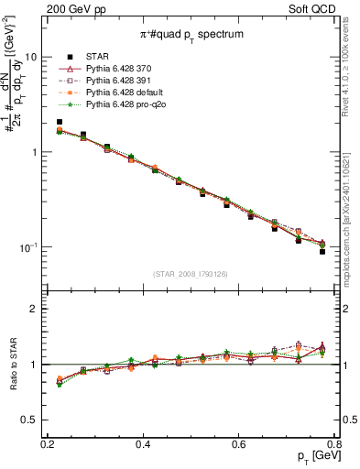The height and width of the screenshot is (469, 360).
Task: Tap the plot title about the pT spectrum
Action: point(191,33)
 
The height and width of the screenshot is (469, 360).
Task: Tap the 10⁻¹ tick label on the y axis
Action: point(29,247)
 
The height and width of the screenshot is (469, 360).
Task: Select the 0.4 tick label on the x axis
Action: point(143,444)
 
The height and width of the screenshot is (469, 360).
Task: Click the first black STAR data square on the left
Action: point(60,122)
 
